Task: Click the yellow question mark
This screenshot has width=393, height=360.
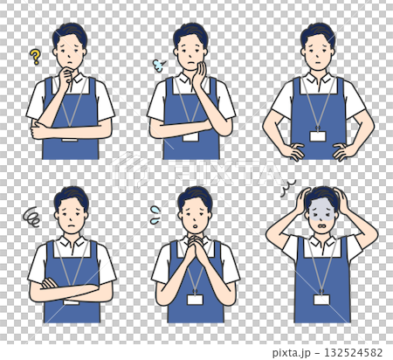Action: (35, 58)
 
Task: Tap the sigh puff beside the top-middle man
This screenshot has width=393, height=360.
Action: (159, 65)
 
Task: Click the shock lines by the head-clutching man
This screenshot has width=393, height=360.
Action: (286, 187)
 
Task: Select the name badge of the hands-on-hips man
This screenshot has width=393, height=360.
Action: (317, 135)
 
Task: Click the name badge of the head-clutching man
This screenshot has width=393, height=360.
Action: (321, 299)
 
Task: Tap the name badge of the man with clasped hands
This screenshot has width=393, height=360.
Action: (195, 299)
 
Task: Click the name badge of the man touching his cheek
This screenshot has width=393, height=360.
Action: (190, 135)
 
